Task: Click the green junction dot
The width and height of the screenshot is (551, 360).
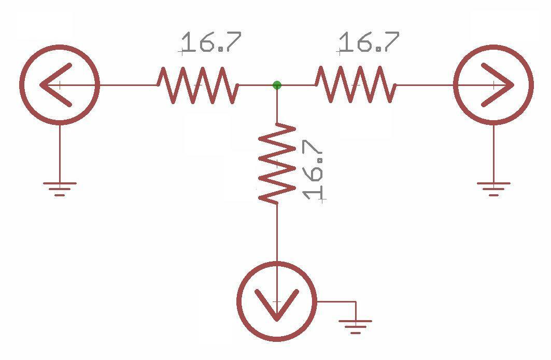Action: pos(277,85)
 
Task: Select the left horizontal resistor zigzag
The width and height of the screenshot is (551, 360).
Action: pos(197,85)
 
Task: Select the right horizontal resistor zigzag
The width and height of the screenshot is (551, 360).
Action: pos(356,85)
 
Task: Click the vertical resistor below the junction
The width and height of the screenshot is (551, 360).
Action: pos(277,163)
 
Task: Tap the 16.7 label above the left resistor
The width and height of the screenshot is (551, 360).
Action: pos(211,42)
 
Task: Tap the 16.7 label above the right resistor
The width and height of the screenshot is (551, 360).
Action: pos(369,42)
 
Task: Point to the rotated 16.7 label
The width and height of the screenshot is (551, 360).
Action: pos(314,170)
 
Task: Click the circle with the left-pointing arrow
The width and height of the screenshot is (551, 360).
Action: pos(60,85)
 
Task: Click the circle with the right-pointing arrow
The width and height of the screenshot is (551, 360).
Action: pos(493,85)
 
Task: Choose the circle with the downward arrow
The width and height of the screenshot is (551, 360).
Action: pos(277,301)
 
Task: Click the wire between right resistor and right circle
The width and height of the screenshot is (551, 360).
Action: pos(425,85)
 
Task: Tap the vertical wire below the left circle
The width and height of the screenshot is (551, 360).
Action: pos(60,153)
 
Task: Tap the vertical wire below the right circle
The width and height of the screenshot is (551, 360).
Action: pos(493,153)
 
